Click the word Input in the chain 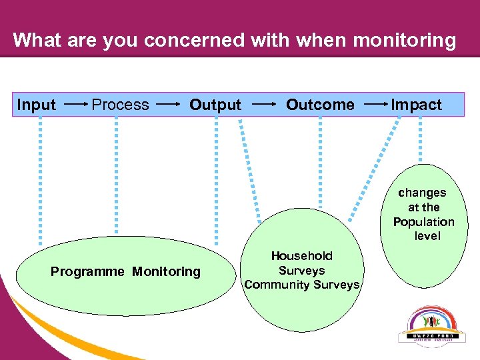click(x=37, y=105)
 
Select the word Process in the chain click(x=120, y=105)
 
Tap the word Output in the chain click(x=215, y=105)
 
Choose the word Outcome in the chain click(x=320, y=105)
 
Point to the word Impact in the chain click(x=416, y=105)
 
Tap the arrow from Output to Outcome click(x=265, y=105)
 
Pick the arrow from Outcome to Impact click(x=376, y=105)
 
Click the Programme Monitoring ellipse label click(x=125, y=271)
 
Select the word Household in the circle click(x=301, y=256)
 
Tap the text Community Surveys click(x=302, y=285)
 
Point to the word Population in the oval click(x=423, y=222)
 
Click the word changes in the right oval click(x=422, y=193)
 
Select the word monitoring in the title click(x=405, y=40)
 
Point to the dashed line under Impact click(x=419, y=140)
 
